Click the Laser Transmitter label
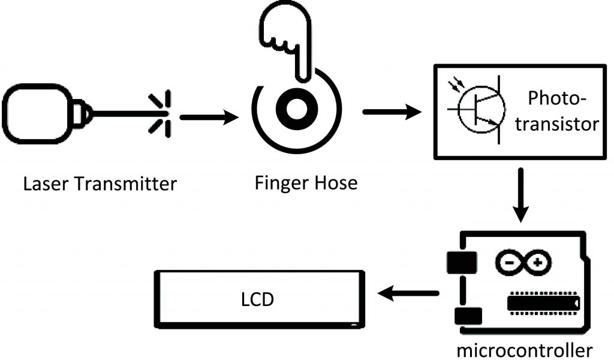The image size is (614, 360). [x=100, y=183]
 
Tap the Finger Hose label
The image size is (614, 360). [x=305, y=182]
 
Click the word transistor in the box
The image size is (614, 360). [x=557, y=124]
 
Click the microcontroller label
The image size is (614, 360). [x=525, y=349]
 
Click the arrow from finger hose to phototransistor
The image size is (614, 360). [x=393, y=112]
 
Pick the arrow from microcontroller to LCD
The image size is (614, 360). [x=408, y=293]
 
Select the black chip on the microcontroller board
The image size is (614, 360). [x=543, y=302]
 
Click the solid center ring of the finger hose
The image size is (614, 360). [x=296, y=109]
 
